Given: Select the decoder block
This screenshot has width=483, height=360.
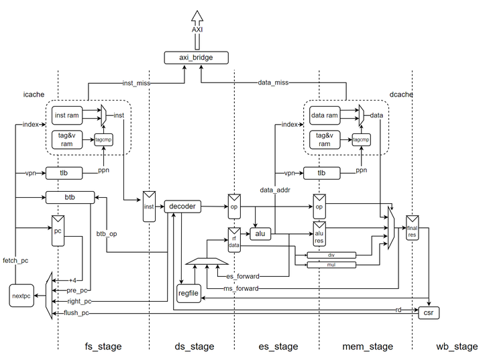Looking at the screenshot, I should pyautogui.click(x=182, y=206).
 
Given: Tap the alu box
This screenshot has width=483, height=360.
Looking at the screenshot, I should pyautogui.click(x=260, y=234).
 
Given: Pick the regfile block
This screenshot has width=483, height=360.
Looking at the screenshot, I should pyautogui.click(x=189, y=293).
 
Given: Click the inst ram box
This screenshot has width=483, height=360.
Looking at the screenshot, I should pyautogui.click(x=68, y=116).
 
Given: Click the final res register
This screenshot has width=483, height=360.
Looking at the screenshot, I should pyautogui.click(x=412, y=232).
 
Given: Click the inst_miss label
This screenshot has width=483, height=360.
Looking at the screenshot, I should pyautogui.click(x=136, y=83).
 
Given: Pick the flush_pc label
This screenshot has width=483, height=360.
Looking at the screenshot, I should pyautogui.click(x=77, y=313).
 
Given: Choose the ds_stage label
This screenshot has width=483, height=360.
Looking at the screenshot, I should pyautogui.click(x=193, y=347).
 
